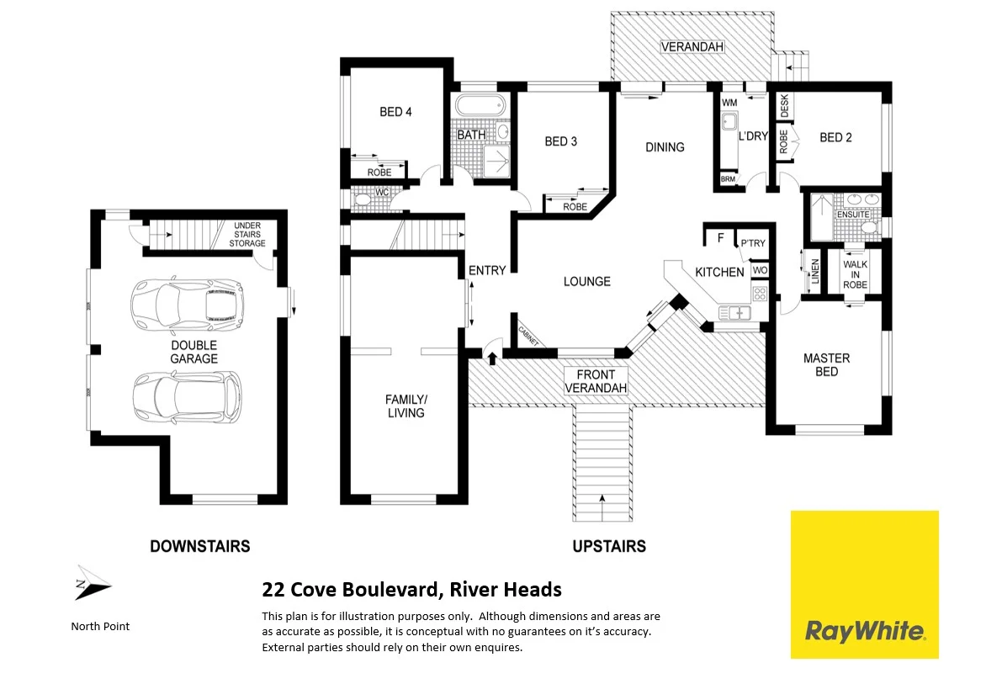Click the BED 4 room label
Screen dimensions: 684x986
tap(395, 112)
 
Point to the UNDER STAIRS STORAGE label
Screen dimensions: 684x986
tap(247, 235)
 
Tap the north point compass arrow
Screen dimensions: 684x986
tap(92, 583)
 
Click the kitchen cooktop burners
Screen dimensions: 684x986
tap(759, 294)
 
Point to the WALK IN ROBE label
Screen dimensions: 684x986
tap(855, 275)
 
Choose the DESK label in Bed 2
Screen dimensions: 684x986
tap(785, 106)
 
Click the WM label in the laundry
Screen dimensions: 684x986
tap(729, 103)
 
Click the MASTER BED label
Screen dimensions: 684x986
tap(826, 364)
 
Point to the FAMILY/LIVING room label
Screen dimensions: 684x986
tap(406, 406)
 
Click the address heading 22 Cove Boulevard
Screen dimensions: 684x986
tap(411, 590)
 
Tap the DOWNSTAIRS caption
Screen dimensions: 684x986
tap(199, 546)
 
